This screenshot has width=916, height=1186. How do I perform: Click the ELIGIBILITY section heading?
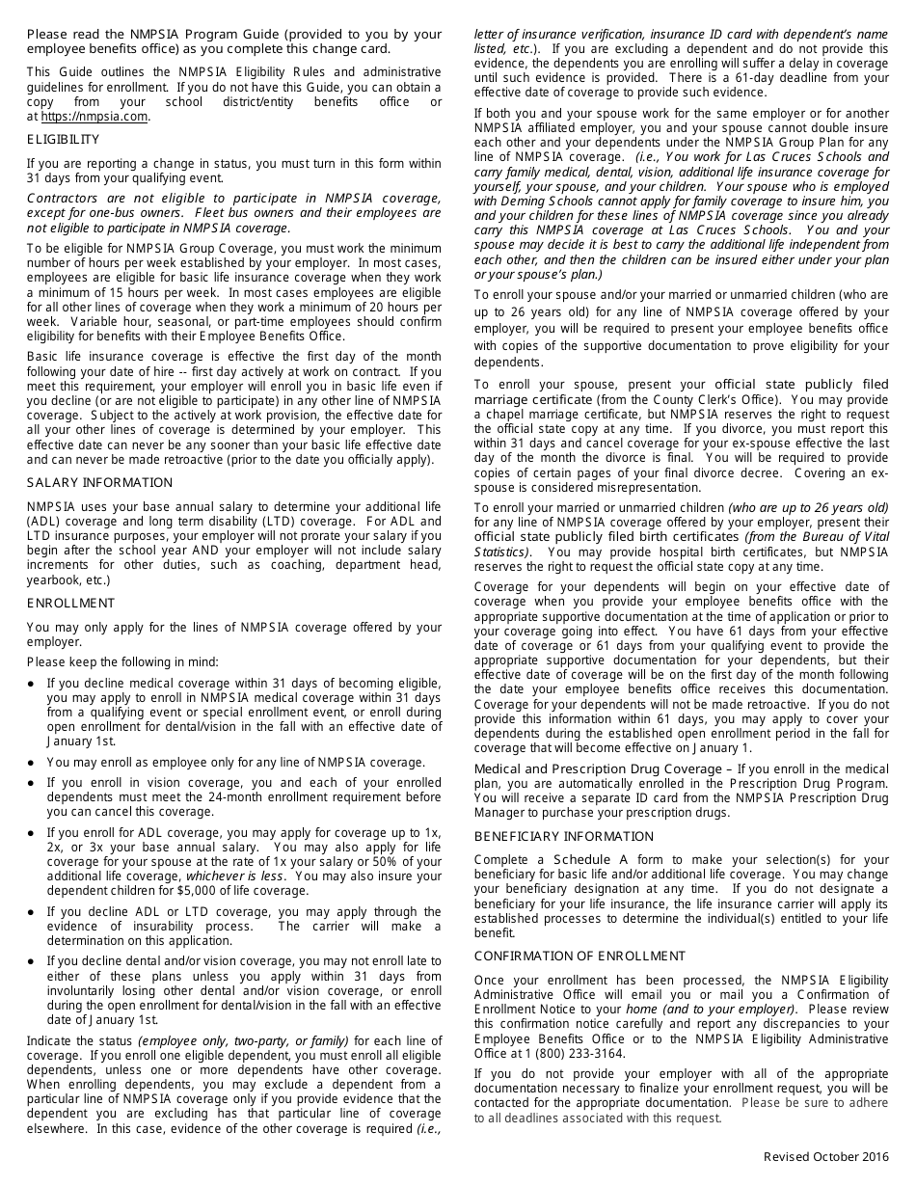63,140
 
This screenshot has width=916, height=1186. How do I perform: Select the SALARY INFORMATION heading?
99,482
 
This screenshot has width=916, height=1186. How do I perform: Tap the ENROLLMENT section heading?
70,603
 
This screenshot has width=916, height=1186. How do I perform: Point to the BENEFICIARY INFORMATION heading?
563,836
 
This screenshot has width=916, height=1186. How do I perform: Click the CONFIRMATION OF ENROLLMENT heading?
579,956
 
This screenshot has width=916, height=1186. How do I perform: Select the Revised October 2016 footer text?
825,1156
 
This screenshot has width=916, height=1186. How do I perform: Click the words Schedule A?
589,859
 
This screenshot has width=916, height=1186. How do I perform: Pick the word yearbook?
54,580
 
